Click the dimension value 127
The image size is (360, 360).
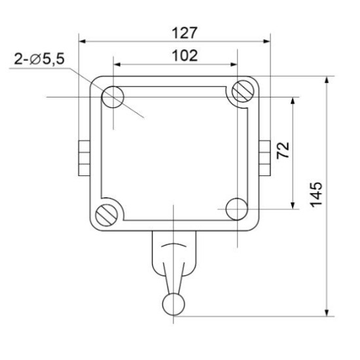coord(185,33)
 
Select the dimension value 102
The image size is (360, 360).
coord(185,56)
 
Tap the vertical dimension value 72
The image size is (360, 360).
coord(283,150)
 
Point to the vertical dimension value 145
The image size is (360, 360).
coord(316,194)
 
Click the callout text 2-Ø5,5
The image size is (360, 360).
coord(39,59)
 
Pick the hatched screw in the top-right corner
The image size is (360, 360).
coord(243,91)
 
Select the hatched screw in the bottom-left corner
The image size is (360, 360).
coord(107,215)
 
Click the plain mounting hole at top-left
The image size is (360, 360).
coord(113,97)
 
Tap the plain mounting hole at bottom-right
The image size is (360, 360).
coord(237,209)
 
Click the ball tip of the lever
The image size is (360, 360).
coord(173,304)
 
